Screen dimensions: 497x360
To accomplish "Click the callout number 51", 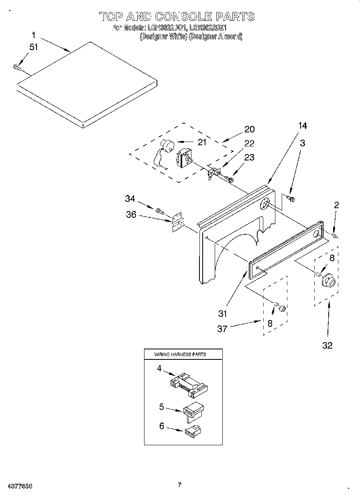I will tap(34, 47).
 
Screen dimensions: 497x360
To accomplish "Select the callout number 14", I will tap(302, 126).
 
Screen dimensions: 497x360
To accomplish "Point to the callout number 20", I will tap(249, 129).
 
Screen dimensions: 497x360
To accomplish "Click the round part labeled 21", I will tap(166, 145).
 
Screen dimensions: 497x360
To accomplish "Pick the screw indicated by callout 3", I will tap(291, 198).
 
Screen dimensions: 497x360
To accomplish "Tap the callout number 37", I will tap(222, 329).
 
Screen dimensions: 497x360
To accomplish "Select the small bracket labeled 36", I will tap(177, 222).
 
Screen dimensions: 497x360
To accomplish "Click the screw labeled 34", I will tap(160, 210).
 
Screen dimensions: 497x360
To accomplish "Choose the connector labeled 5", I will tap(193, 410).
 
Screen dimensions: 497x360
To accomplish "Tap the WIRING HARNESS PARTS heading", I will tap(180, 355).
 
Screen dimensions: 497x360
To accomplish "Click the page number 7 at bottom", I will tap(179, 485).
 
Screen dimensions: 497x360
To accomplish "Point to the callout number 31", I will tap(223, 313).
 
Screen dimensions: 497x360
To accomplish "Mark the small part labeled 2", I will tap(335, 235).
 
